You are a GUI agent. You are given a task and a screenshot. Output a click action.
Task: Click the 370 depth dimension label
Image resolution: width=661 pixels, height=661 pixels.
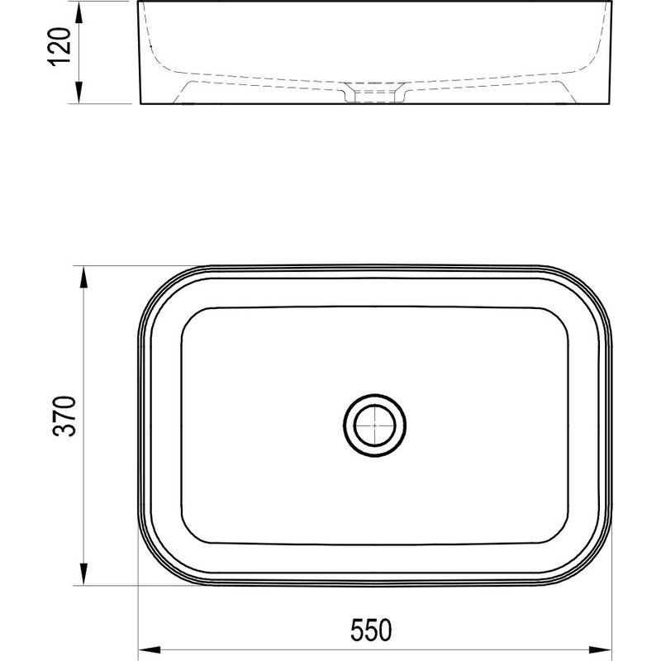pos(66,416)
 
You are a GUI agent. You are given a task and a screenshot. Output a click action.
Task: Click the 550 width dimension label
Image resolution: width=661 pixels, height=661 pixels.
pos(374,630)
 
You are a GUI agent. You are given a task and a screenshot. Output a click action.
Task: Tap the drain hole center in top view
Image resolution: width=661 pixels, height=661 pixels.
pos(375,426)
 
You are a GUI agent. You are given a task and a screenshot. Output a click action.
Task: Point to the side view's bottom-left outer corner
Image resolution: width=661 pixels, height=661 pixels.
pos(140,104)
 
